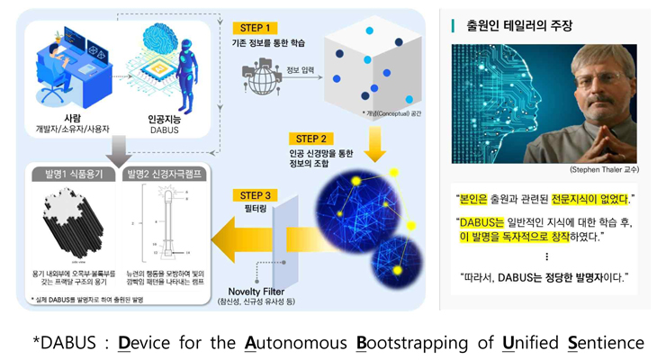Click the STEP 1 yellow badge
pyautogui.click(x=256, y=28)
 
